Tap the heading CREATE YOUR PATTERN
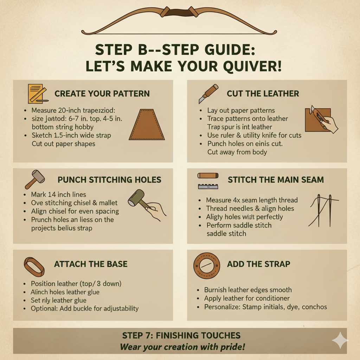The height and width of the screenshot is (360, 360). click(102, 94)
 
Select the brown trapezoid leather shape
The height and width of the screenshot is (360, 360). click(147, 124)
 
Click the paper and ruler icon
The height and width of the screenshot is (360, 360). click(37, 93)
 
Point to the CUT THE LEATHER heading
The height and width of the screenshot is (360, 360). click(263, 94)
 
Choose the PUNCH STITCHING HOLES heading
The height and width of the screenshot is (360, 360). click(109, 180)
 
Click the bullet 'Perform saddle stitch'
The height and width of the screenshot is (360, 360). click(239, 225)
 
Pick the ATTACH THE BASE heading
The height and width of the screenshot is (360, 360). click(91, 264)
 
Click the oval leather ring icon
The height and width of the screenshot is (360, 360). click(34, 266)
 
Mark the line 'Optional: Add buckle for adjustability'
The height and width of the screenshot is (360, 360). click(84, 309)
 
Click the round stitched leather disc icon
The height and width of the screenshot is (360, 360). click(207, 266)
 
